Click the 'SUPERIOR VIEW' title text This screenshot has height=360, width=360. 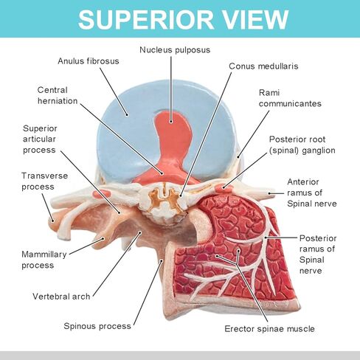(183, 19)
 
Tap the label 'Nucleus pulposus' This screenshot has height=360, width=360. (175, 50)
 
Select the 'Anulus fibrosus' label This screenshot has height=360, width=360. (89, 61)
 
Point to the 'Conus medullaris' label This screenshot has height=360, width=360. (263, 66)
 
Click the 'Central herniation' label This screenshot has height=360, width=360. (58, 95)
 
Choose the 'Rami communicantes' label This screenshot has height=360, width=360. (290, 98)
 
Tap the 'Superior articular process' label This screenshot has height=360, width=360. (40, 139)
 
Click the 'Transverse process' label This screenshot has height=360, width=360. (44, 181)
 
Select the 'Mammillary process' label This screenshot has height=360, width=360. (44, 260)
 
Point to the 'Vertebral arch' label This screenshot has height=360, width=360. (61, 297)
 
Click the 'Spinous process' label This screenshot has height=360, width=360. (97, 326)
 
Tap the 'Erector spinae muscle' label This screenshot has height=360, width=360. (269, 329)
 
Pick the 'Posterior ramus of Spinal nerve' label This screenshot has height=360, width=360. (318, 255)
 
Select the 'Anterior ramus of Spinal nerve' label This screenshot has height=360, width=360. (312, 193)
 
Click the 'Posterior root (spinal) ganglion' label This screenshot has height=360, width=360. (302, 145)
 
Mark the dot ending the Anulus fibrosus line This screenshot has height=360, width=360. (127, 114)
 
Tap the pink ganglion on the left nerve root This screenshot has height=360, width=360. (101, 193)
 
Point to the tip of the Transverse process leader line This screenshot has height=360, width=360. (52, 221)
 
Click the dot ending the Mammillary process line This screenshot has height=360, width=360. (103, 238)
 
